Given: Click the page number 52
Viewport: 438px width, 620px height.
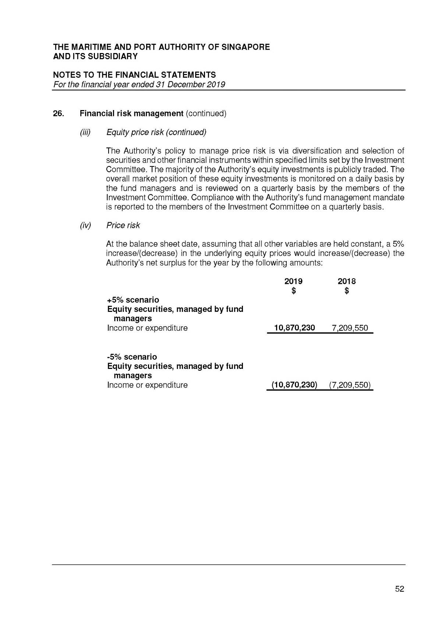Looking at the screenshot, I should (399, 589).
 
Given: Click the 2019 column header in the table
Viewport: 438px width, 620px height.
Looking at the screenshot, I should (293, 281).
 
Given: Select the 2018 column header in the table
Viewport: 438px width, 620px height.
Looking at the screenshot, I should (347, 281).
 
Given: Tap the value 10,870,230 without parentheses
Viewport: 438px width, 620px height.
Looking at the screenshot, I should (294, 328).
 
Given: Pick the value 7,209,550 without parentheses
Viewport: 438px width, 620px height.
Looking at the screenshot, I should (350, 328).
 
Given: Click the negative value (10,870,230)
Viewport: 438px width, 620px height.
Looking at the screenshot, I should (294, 385).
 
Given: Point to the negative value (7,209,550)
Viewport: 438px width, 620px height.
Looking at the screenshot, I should (350, 385).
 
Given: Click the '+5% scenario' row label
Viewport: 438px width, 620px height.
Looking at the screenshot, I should (133, 300).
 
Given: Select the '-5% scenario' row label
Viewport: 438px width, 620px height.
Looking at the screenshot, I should (132, 357).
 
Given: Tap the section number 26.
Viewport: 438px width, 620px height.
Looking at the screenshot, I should (58, 113).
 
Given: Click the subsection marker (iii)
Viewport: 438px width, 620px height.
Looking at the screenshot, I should (85, 132).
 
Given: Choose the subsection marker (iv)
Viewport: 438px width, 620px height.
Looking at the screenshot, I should (85, 225).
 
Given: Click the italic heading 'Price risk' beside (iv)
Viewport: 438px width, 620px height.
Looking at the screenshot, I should (123, 225).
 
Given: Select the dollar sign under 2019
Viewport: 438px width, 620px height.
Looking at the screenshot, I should (293, 291).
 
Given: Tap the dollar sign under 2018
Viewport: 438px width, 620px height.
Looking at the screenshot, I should (347, 291).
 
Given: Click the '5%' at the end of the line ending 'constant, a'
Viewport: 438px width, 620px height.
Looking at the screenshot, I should (398, 244).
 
